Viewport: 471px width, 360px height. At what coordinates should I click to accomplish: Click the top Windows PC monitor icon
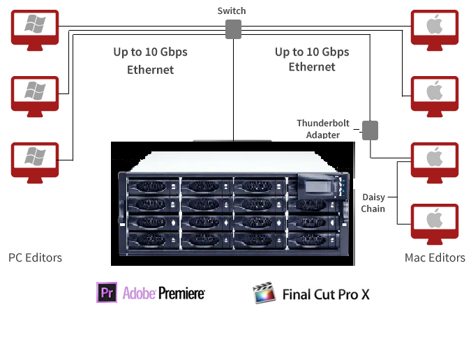pos(34,27)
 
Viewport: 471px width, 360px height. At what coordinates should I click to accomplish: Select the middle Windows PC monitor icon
pos(34,93)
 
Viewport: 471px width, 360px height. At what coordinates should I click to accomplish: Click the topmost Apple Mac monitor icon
pos(434,27)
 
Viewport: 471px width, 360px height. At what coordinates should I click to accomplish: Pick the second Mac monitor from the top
pos(434,93)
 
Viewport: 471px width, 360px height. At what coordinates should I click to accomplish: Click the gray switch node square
pos(232,29)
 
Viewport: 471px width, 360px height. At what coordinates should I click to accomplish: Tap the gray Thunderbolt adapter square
pos(369,129)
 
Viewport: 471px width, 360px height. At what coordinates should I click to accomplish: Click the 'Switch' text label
pos(232,11)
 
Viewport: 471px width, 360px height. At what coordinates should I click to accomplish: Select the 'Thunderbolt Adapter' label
pos(322,129)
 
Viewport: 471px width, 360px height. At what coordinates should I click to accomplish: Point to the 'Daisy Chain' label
pos(373,203)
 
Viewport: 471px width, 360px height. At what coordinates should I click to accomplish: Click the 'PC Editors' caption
pos(35,257)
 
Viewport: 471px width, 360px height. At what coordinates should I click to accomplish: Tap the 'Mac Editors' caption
pos(435,257)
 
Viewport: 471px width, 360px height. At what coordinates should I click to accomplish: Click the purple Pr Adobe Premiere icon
pos(106,292)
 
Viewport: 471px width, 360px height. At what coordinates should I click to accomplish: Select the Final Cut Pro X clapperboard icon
pos(263,293)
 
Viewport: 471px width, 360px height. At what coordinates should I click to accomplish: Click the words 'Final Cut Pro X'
pos(325,294)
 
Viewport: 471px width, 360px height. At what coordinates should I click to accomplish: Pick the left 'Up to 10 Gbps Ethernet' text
pos(150,61)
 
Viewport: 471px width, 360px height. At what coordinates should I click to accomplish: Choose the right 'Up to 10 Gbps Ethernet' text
pos(312,59)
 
